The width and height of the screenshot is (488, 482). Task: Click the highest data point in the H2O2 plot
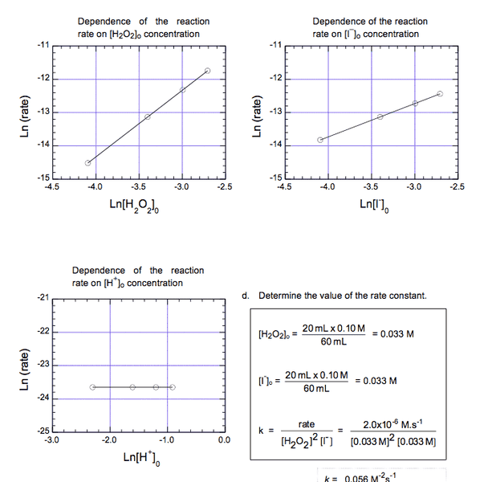coord(208,71)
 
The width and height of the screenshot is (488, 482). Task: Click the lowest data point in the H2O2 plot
coord(87,162)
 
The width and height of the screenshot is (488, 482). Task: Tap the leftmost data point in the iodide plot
coord(320,140)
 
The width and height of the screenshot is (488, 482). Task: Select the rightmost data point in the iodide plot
coord(440,93)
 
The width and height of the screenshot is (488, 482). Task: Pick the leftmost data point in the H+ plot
coord(92,387)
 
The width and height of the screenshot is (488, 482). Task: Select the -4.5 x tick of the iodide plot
coord(283,186)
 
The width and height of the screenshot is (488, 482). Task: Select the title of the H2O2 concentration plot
coord(139,27)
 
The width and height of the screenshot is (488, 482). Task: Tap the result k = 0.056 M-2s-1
coord(370,476)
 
